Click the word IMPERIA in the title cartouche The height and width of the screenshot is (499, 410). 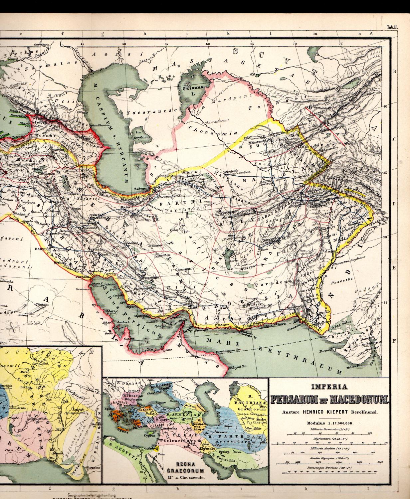tap(329, 387)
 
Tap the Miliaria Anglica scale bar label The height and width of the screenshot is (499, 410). tap(329, 449)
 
